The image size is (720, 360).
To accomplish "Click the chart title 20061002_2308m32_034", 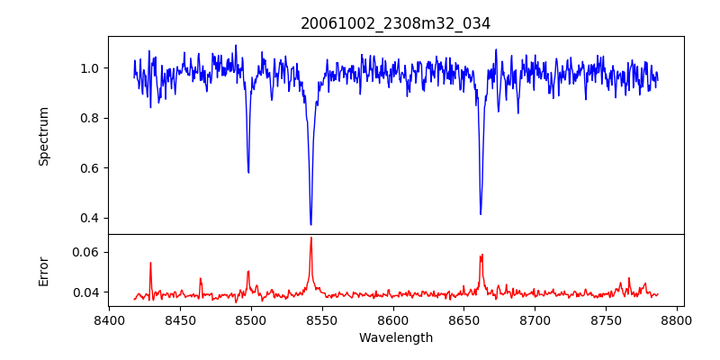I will click(x=395, y=24).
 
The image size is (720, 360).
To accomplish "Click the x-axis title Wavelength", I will click(x=395, y=337).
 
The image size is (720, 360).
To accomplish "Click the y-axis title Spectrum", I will click(x=44, y=136).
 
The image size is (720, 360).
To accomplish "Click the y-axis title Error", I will click(x=44, y=270).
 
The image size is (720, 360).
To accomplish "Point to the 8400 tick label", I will click(x=109, y=319).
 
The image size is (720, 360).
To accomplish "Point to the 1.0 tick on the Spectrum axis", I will click(x=90, y=68).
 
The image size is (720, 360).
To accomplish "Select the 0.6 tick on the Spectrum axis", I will click(x=90, y=168).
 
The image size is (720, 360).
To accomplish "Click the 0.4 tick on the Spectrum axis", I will click(x=90, y=218).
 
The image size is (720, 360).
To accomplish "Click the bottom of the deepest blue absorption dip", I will click(x=310, y=224).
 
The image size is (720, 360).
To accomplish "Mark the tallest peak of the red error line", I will click(x=310, y=238).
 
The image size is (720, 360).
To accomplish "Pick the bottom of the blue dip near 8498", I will click(x=248, y=172).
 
